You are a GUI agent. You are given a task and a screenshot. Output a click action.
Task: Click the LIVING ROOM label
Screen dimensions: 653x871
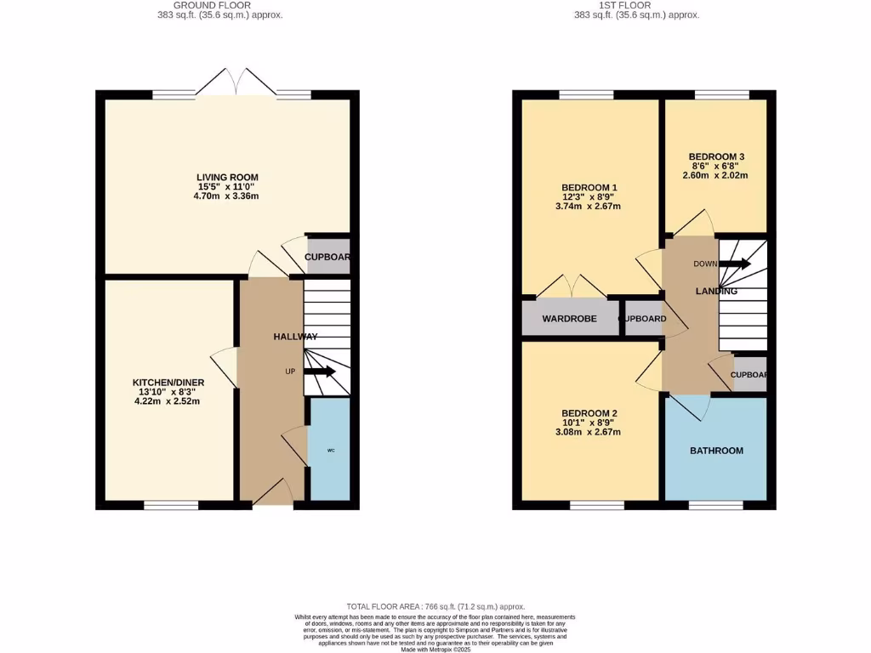click(227, 177)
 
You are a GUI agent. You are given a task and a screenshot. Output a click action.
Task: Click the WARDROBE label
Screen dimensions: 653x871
click(569, 319)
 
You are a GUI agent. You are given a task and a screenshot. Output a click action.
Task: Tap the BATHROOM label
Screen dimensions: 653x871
click(716, 451)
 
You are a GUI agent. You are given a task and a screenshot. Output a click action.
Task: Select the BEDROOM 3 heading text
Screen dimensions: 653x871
click(716, 156)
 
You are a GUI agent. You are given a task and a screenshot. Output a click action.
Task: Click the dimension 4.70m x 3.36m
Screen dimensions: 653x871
click(227, 196)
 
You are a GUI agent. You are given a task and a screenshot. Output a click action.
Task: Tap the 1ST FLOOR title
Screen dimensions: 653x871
click(636, 5)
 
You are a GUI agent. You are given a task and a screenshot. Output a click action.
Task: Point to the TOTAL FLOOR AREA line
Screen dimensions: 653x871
click(435, 606)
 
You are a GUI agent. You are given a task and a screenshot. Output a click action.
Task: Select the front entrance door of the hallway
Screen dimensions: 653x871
click(273, 495)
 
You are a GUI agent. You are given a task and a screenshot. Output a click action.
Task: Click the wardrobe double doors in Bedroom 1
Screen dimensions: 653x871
click(571, 287)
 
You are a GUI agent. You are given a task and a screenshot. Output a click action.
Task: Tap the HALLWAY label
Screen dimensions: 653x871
click(295, 337)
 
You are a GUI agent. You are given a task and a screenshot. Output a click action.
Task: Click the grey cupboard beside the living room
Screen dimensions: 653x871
click(327, 257)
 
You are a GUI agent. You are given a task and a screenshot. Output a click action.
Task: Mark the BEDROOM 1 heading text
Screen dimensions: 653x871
click(589, 187)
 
